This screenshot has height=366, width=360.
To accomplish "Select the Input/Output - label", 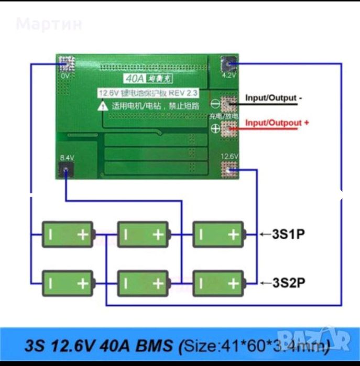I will tap(274, 97).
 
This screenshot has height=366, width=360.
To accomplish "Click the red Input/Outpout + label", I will tap(277, 123).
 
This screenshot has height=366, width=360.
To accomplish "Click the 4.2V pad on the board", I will tap(229, 65).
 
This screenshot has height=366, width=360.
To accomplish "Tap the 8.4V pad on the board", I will tap(65, 169).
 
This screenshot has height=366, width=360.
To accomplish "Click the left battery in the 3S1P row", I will tap(68, 234).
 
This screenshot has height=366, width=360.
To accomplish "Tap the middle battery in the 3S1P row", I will tap(143, 234).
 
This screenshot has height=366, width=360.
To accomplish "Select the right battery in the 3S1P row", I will tap(218, 234).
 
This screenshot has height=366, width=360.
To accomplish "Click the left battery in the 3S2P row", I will tap(68, 283).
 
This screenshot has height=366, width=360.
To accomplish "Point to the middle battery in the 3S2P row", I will tap(143, 283).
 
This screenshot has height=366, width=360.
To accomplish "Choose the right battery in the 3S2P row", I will tap(218, 283).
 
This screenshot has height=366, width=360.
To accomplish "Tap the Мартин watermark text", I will tap(49, 24).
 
